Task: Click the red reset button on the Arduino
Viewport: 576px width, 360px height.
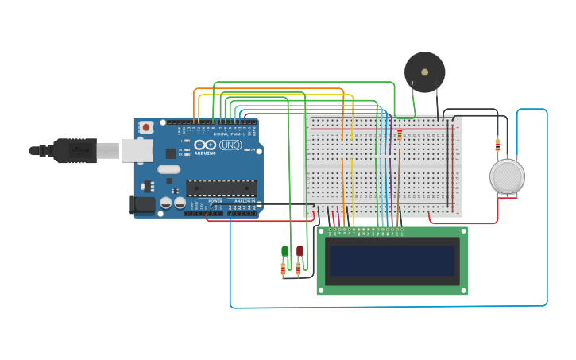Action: coord(146,127)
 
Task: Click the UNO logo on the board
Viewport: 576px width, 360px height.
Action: coord(230,145)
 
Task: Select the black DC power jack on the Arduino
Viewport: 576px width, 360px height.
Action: coord(142,205)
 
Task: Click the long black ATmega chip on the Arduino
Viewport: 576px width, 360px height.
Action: coord(221,188)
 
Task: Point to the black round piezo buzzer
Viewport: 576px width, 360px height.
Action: coord(424,72)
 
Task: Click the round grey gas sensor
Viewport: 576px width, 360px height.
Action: coord(507,176)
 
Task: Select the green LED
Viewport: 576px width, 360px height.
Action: coord(284,251)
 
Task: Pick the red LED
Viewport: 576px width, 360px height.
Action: coord(300,250)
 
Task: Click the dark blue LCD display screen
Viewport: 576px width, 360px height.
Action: coord(392,261)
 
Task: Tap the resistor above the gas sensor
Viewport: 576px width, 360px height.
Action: coord(497,145)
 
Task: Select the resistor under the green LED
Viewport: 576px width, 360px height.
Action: coord(283,270)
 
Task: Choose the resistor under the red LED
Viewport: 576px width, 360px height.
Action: coord(298,269)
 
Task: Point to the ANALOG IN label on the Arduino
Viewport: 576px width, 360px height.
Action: coord(243,201)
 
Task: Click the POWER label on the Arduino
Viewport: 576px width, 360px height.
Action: coord(215,201)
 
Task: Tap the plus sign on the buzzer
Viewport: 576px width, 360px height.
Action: coord(412,83)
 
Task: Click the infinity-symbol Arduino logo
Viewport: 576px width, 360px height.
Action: coord(204,145)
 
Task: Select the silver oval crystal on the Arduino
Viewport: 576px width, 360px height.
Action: coord(168,169)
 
